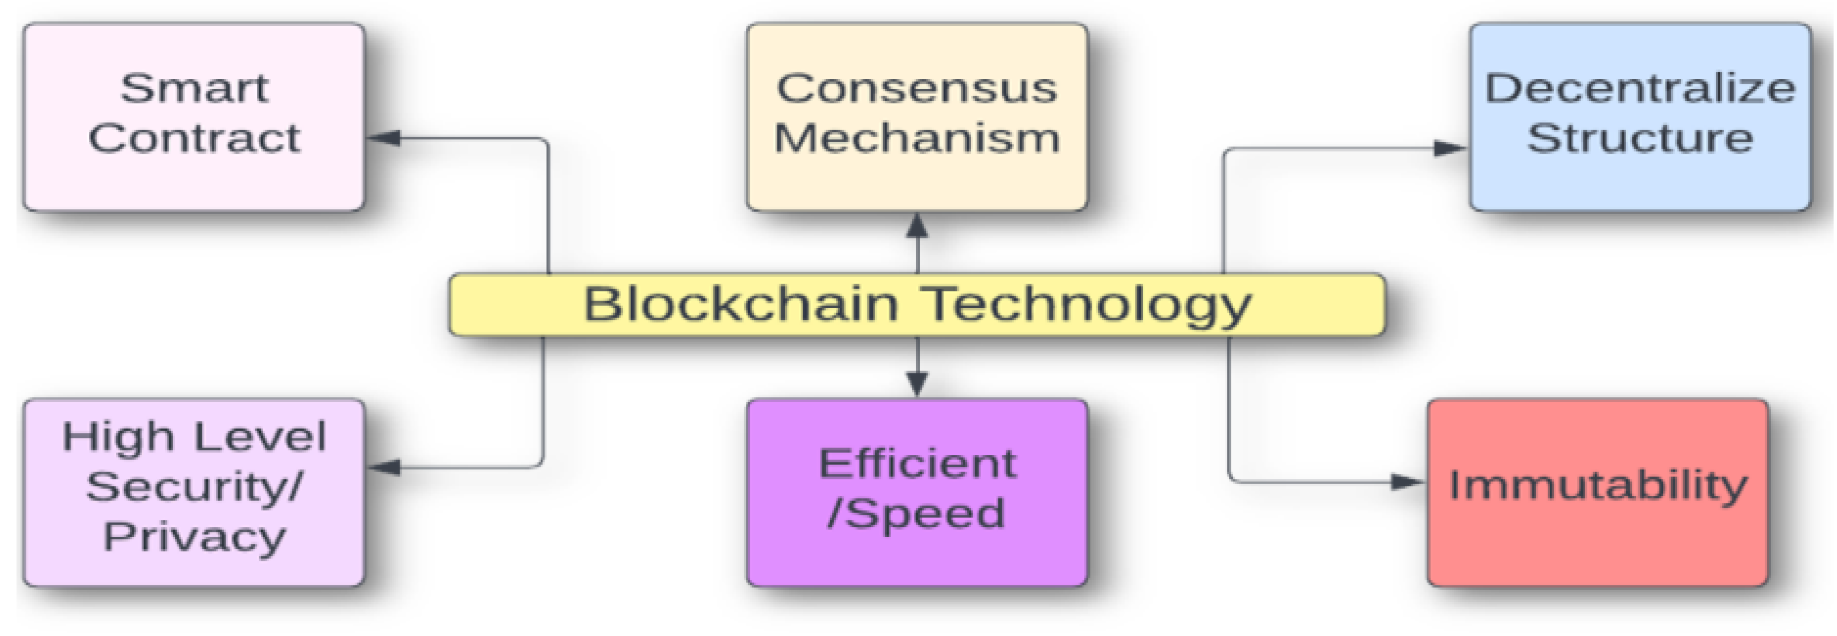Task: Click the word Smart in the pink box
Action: [194, 89]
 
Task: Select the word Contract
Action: [194, 138]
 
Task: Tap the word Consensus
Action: [916, 89]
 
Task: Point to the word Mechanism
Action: [916, 138]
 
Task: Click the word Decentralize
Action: [1639, 89]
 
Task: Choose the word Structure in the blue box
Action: [1639, 138]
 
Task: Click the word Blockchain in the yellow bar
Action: [740, 305]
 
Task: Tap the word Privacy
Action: [194, 536]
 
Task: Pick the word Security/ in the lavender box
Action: [194, 486]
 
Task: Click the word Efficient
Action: [916, 463]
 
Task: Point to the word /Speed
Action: [916, 514]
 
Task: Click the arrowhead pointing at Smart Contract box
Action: [383, 138]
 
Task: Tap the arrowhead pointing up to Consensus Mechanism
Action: [917, 227]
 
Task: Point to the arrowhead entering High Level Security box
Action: [383, 467]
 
